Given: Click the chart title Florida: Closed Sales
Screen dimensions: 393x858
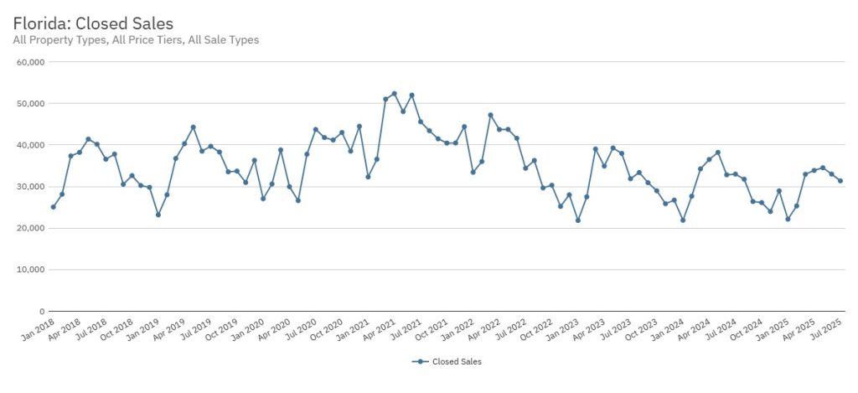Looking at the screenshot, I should [93, 23].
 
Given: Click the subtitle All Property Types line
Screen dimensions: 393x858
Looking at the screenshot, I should [136, 39].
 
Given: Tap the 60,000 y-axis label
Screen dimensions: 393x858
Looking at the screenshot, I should [30, 62].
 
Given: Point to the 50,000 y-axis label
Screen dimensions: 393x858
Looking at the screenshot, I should [30, 103].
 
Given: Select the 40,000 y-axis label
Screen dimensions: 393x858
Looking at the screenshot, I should [30, 145].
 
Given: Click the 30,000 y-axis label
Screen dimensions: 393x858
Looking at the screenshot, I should [30, 187].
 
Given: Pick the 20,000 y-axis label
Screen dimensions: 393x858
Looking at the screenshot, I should [30, 228].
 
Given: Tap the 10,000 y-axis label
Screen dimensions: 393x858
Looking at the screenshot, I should [30, 270].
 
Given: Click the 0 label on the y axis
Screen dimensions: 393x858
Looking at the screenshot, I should [41, 312].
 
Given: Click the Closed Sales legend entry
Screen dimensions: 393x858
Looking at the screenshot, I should [448, 362].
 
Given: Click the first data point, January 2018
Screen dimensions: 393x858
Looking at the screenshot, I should [53, 207].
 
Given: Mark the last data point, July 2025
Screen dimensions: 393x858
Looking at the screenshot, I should [840, 181].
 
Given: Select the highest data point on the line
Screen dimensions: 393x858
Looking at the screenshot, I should [394, 94].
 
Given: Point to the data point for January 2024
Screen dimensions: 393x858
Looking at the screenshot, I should [683, 220].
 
